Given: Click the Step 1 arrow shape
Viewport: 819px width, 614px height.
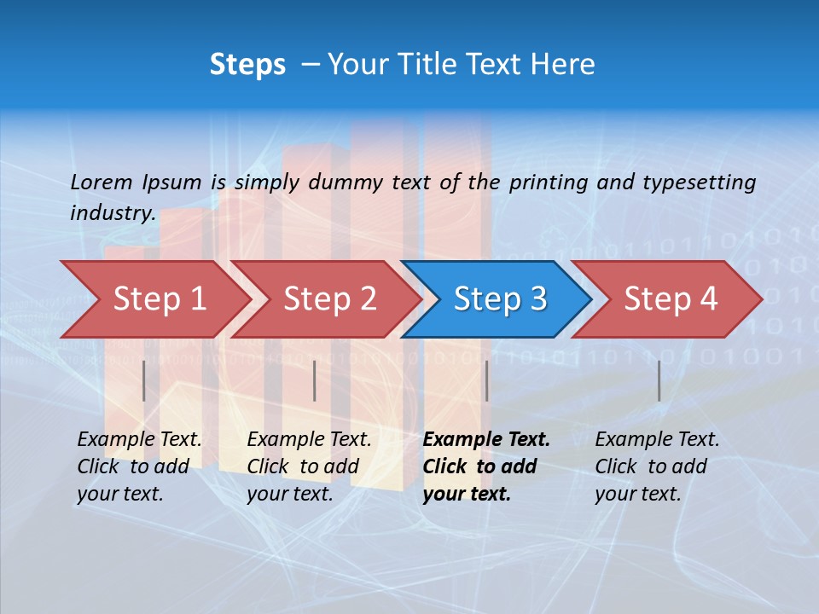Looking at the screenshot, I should pyautogui.click(x=158, y=299).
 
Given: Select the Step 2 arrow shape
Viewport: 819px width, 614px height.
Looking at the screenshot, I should pyautogui.click(x=328, y=299).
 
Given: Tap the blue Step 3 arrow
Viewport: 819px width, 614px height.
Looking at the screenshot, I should pyautogui.click(x=499, y=299).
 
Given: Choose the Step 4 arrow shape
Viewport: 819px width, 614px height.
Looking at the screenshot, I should pyautogui.click(x=670, y=299).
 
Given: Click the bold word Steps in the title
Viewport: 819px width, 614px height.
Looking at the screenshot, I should pyautogui.click(x=247, y=65).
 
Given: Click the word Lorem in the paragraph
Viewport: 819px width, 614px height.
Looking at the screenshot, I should pyautogui.click(x=101, y=182).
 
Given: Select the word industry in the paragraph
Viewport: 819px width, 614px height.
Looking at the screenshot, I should pyautogui.click(x=112, y=212).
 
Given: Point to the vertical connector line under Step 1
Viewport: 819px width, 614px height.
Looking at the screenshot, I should pyautogui.click(x=144, y=380).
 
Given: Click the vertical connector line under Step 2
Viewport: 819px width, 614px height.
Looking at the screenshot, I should pyautogui.click(x=315, y=380).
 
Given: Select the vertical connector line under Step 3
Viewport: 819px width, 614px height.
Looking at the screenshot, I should pyautogui.click(x=486, y=380).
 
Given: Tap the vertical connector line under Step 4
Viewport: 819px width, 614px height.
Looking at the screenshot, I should pyautogui.click(x=659, y=380).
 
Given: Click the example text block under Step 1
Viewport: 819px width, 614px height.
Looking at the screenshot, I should pyautogui.click(x=139, y=466).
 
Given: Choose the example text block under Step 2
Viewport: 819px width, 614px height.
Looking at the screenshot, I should pyautogui.click(x=309, y=466).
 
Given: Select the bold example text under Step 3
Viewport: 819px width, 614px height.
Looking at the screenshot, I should pyautogui.click(x=486, y=466).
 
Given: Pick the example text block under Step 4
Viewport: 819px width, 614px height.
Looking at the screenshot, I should pyautogui.click(x=657, y=466).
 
